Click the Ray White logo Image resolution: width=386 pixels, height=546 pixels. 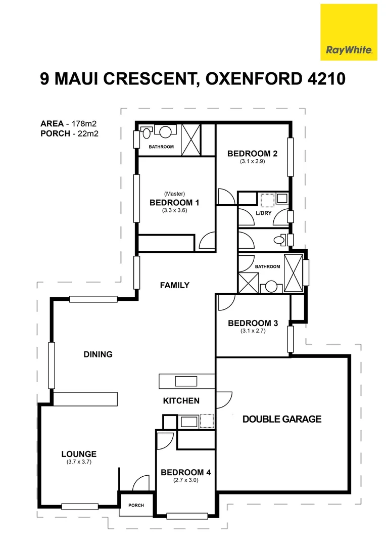coord(349,32)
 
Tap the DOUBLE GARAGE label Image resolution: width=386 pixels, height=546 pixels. coord(282,419)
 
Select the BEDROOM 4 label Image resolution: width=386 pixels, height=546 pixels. coord(185,473)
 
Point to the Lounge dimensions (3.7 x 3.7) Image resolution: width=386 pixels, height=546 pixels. coord(79,462)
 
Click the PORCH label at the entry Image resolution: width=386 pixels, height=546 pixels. coord(136,505)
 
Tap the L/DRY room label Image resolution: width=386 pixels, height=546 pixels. coord(264,213)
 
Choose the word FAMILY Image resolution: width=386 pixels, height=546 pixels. coord(174,286)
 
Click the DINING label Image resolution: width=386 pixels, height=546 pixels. coord(98,354)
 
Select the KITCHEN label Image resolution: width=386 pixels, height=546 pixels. coord(181,401)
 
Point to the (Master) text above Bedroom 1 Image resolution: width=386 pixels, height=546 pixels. coord(174,194)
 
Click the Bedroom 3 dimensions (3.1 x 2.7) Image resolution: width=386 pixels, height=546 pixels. coord(253,331)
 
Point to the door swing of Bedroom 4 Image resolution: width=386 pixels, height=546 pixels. coord(165,441)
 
